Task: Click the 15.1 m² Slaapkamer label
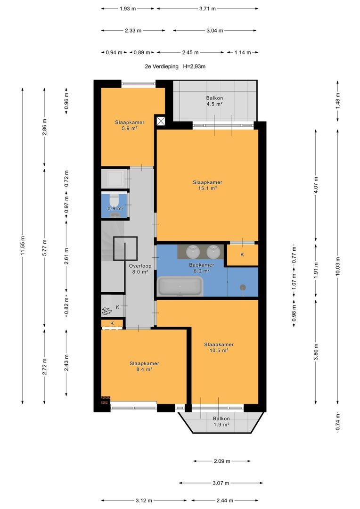tap(207, 185)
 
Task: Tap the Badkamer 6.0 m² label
tap(201, 268)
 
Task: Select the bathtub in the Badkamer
tap(180, 287)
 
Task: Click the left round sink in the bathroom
tap(194, 252)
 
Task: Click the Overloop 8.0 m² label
tap(140, 269)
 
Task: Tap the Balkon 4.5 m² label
tap(214, 101)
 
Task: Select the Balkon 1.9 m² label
tap(221, 421)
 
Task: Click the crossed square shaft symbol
tap(161, 121)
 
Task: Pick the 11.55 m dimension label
tap(23, 246)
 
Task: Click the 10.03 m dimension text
tap(337, 266)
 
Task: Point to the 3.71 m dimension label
tap(207, 9)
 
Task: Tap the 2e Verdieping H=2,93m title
tap(175, 66)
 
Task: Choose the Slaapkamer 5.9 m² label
tap(130, 125)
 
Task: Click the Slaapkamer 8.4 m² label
tap(144, 366)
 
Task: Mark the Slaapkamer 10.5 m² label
tap(219, 347)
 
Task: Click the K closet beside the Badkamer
tap(242, 255)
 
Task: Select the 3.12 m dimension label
tap(144, 501)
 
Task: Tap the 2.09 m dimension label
tap(222, 461)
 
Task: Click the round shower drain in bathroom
tap(243, 287)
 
